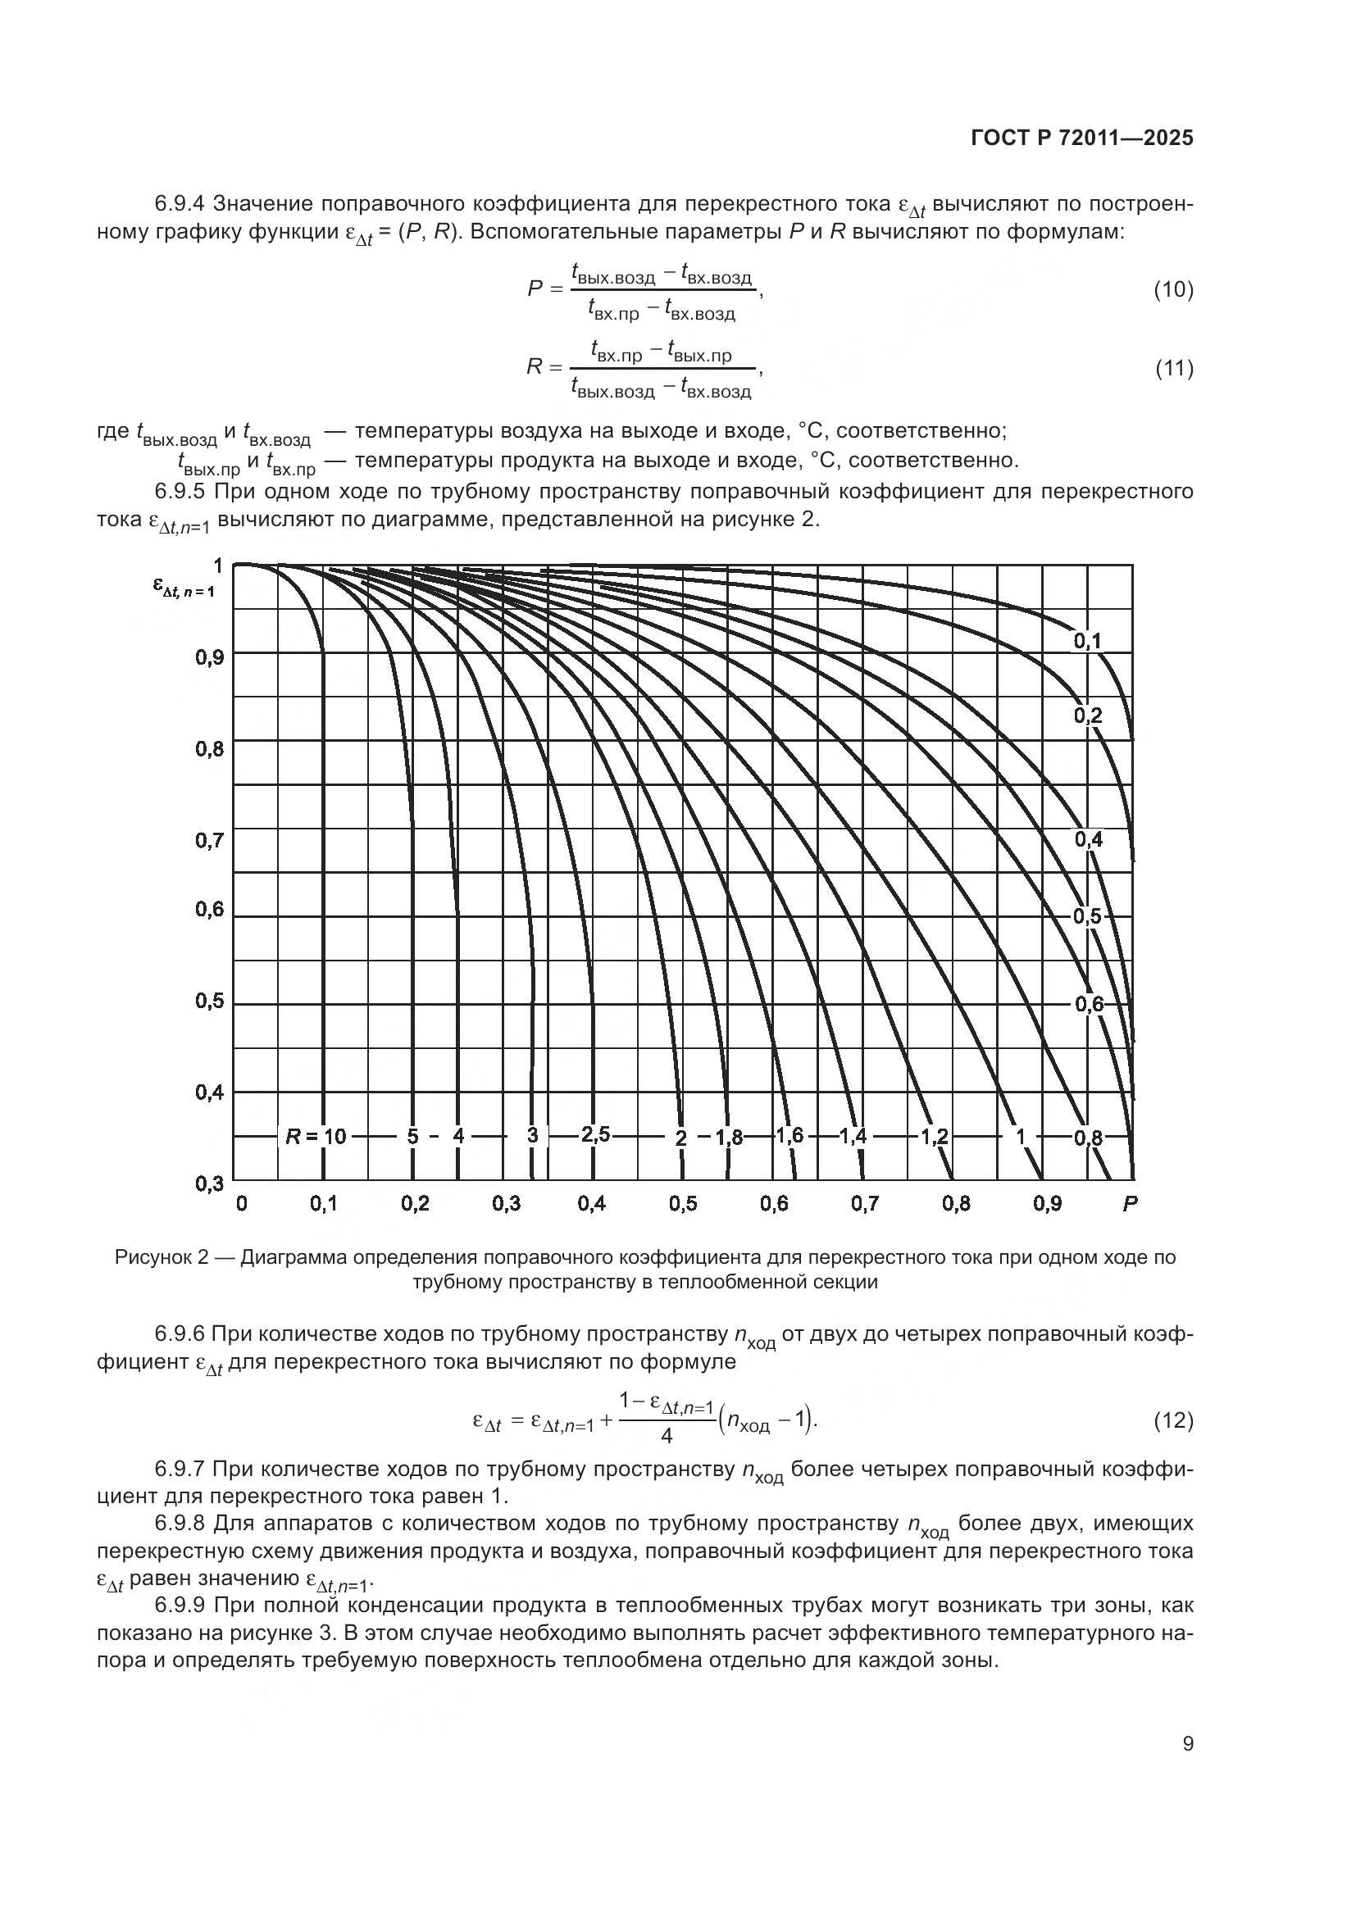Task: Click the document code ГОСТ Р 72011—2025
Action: [1082, 139]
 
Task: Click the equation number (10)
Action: [1173, 289]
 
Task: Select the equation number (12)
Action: [1173, 1420]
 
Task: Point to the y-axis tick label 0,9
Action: [210, 658]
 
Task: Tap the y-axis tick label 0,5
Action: [210, 1000]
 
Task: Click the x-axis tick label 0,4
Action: [591, 1203]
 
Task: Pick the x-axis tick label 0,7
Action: [865, 1203]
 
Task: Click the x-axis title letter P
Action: [1130, 1203]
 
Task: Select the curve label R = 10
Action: [316, 1135]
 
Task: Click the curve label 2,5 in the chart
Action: [595, 1133]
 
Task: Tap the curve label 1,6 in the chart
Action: [789, 1134]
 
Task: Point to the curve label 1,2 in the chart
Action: [935, 1135]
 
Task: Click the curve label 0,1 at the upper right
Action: [1087, 641]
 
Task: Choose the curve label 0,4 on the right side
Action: [1088, 839]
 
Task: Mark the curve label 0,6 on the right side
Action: [1088, 1005]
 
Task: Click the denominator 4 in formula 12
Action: [667, 1435]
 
